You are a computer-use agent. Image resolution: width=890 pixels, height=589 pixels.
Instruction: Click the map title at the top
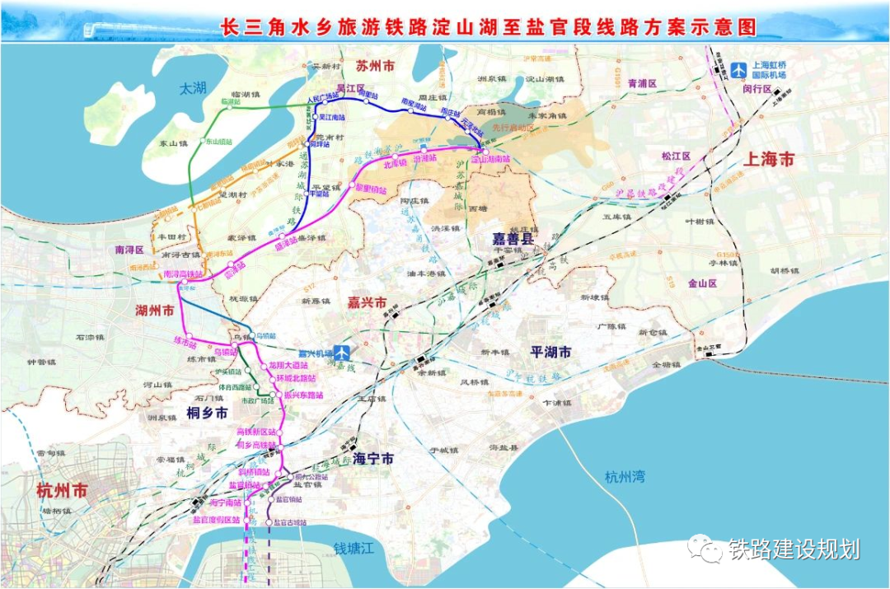pyautogui.click(x=489, y=27)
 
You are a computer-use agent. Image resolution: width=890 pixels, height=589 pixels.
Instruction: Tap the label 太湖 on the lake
pyautogui.click(x=192, y=87)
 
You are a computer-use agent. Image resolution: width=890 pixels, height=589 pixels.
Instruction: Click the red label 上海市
pyautogui.click(x=768, y=160)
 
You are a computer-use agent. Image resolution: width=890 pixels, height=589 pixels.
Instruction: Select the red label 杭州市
pyautogui.click(x=62, y=490)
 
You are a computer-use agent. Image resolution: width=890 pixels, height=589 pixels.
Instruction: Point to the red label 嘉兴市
pyautogui.click(x=367, y=303)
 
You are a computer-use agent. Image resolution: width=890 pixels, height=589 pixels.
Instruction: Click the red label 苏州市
pyautogui.click(x=375, y=66)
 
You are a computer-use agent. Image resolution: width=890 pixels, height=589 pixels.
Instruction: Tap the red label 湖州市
pyautogui.click(x=155, y=311)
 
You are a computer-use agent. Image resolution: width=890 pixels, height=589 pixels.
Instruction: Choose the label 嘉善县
pyautogui.click(x=513, y=239)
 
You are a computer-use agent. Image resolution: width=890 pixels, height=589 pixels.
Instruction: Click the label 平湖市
pyautogui.click(x=550, y=352)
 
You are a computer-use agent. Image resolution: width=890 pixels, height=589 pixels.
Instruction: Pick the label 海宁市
pyautogui.click(x=372, y=459)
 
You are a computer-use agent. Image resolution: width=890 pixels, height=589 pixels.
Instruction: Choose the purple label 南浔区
pyautogui.click(x=129, y=249)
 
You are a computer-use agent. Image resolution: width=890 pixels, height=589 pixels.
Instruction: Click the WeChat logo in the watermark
pyautogui.click(x=705, y=547)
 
